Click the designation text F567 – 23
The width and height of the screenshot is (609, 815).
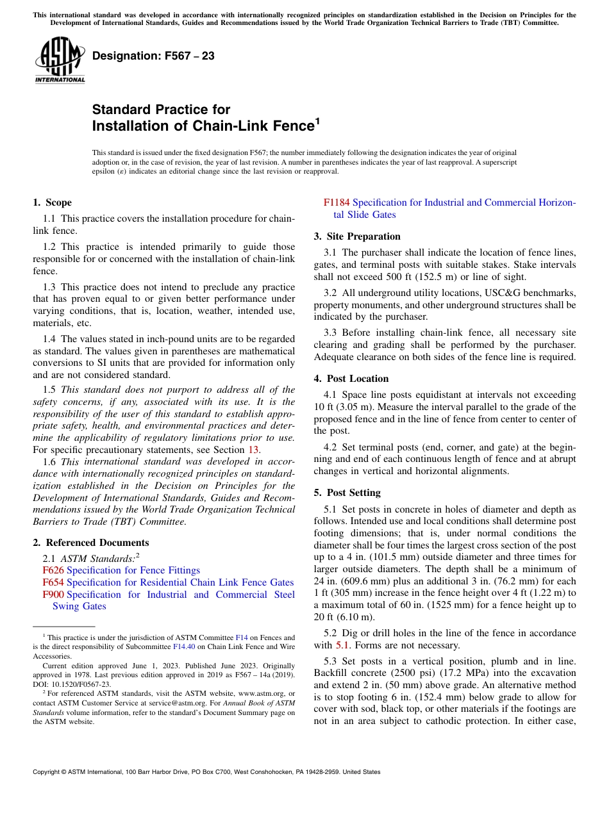154,56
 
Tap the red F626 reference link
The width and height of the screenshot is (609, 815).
53,570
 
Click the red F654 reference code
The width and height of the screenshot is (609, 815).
53,582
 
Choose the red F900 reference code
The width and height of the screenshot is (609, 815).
53,595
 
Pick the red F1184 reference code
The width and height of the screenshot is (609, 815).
337,202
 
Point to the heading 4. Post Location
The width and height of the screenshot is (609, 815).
351,379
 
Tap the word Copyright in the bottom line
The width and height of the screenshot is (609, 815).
48,772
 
